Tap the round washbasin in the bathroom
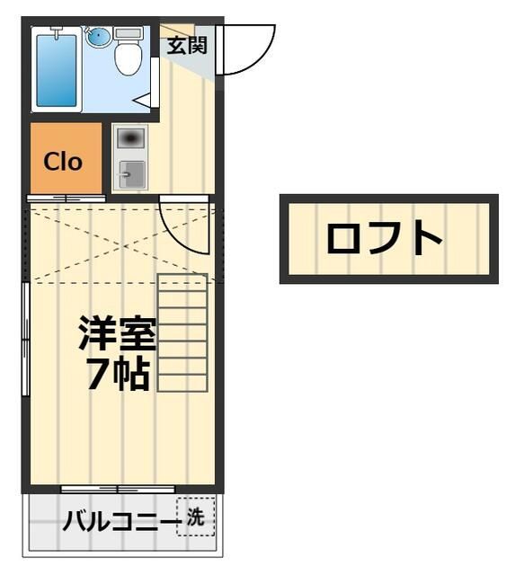97,38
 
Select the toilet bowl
129,57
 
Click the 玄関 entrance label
186,45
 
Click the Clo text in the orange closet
63,162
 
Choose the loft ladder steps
182,332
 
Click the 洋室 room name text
117,334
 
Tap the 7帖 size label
117,374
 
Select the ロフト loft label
385,239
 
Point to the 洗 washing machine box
195,517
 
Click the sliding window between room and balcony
117,489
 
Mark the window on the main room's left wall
26,337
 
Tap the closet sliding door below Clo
65,197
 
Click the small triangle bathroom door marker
143,100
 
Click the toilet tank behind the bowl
129,33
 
